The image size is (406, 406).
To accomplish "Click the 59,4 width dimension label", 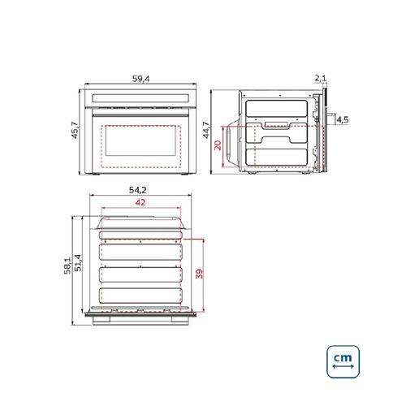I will [x=141, y=79].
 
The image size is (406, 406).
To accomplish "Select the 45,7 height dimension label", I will [x=75, y=130].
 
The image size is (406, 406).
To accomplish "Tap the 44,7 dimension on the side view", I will [x=218, y=132].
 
